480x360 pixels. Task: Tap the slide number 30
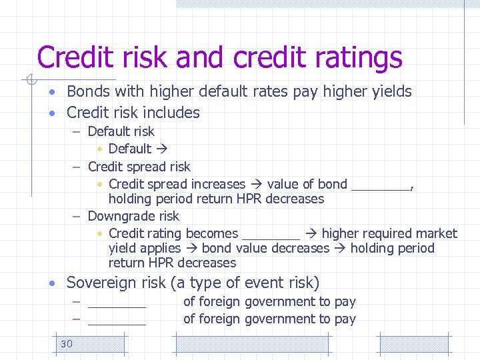(x=66, y=344)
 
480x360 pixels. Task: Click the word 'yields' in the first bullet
(x=390, y=91)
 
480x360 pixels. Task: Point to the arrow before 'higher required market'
(x=311, y=233)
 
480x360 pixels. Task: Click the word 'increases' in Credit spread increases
(x=219, y=184)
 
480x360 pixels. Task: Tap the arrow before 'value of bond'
(x=257, y=184)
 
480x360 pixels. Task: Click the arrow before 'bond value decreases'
(x=191, y=248)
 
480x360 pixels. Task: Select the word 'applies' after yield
(x=161, y=249)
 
